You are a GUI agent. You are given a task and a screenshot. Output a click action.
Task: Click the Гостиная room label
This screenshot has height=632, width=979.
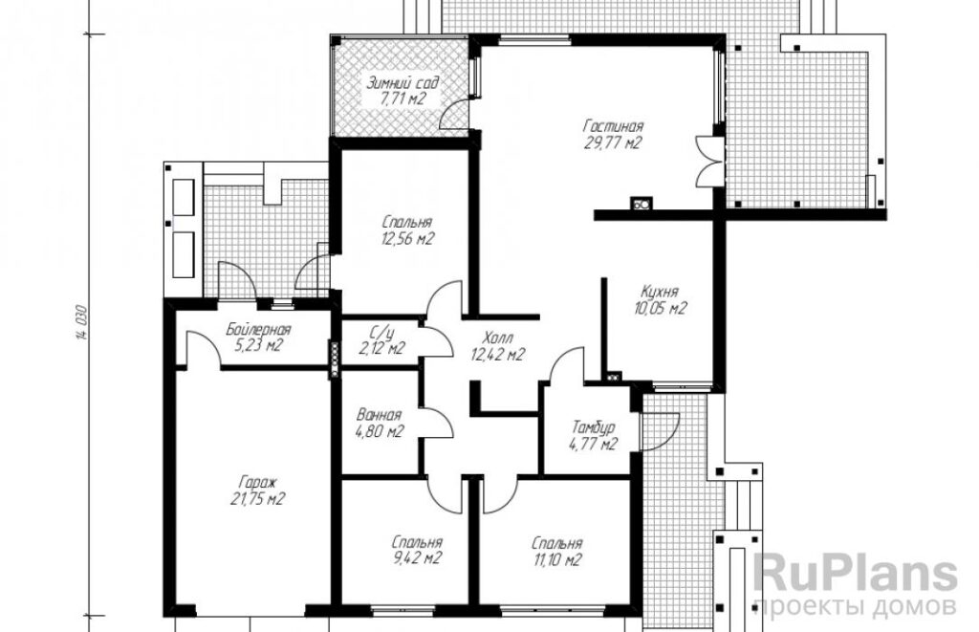tap(614, 127)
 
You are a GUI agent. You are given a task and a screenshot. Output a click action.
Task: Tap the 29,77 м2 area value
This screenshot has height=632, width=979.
tap(613, 143)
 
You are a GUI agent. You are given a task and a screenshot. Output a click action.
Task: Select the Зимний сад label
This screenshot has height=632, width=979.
tap(402, 82)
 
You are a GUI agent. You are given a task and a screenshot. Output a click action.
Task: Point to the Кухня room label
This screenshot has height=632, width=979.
tap(660, 292)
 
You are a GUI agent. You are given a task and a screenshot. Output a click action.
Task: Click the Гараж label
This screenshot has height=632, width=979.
tap(257, 483)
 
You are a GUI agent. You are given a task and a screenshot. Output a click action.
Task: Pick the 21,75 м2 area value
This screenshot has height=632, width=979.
tap(257, 499)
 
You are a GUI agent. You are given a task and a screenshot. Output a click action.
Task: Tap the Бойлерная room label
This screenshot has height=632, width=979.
tap(258, 329)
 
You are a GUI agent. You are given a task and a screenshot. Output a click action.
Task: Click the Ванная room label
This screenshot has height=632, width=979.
tap(379, 415)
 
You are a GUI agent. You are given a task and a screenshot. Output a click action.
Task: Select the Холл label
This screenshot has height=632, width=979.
tap(497, 339)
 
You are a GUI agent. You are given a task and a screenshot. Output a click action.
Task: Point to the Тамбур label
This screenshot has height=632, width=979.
tap(593, 428)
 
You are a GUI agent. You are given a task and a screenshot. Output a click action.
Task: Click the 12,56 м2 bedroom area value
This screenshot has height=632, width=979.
tap(407, 239)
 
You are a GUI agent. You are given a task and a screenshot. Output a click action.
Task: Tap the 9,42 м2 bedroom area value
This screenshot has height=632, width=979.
tap(417, 557)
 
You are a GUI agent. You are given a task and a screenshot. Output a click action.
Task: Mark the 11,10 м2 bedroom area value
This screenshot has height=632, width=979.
tap(557, 560)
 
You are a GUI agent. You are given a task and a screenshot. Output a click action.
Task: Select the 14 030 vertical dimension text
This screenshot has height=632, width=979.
tap(82, 323)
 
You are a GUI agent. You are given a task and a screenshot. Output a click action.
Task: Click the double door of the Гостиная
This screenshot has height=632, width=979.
tap(710, 162)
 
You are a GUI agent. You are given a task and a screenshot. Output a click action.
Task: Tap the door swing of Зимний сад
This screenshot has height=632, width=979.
tap(453, 116)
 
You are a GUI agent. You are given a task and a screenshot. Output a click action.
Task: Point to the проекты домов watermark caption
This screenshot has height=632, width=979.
tap(855, 606)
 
